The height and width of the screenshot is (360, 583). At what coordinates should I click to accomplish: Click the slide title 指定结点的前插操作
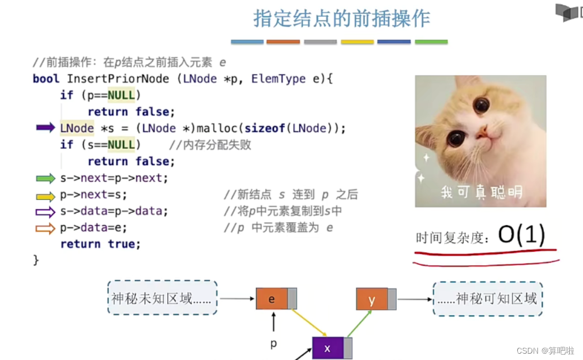pos(341,18)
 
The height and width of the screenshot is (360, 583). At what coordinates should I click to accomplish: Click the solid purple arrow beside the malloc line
pos(46,127)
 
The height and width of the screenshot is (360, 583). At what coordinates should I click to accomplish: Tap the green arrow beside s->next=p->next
pos(46,178)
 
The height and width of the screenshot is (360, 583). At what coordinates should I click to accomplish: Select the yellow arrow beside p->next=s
pos(46,196)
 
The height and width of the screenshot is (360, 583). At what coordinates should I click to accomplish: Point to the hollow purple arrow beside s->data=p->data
pos(46,212)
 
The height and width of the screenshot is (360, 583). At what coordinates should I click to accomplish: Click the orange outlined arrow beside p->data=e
pos(46,228)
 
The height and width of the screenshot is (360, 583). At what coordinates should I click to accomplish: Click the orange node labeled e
pos(272,299)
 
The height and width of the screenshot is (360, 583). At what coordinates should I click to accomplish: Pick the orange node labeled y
pos(372,299)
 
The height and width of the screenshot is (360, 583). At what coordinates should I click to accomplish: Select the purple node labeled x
pos(328,348)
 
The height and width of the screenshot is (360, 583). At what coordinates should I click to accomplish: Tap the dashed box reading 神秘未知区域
pos(162,298)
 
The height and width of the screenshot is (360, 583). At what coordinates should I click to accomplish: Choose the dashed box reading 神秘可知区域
pos(488,298)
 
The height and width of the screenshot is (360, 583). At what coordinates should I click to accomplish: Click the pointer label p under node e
pos(274,343)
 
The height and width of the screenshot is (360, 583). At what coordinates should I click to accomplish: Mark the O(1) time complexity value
pos(521,236)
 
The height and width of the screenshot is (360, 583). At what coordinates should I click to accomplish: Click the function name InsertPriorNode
pos(118,78)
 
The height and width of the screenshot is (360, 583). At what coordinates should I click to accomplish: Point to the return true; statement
pos(100,244)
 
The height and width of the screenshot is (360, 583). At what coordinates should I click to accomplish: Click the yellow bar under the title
pos(357,42)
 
